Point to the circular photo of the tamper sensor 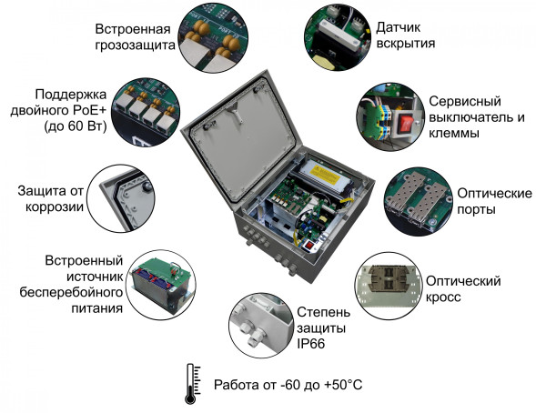[341, 35]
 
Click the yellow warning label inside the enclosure [325, 170]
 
